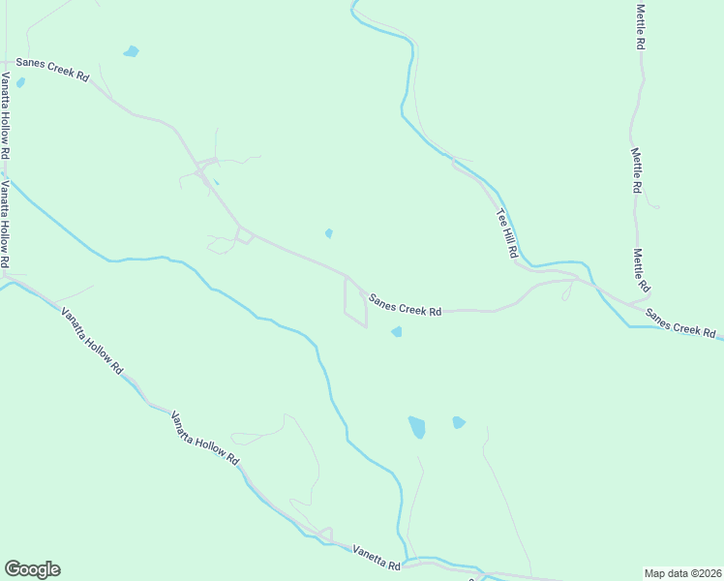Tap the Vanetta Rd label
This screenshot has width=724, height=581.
pos(377,557)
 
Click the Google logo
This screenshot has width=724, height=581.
pos(32,569)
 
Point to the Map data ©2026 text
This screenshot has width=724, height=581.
pos(682,572)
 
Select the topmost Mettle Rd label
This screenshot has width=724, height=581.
pos(640,27)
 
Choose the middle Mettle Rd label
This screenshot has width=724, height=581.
pos(637,170)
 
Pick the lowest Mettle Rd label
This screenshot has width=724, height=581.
pos(641,271)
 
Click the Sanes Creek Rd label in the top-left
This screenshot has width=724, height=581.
pos(52,75)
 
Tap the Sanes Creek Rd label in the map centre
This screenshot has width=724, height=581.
pos(404,302)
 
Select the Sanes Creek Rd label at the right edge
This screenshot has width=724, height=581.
pos(681,323)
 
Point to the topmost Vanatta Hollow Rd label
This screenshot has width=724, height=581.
pos(5,116)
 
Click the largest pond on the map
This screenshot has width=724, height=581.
pos(417,427)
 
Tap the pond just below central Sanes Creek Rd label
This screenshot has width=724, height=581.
pos(396,332)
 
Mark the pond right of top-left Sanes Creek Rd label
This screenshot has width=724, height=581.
pos(131,51)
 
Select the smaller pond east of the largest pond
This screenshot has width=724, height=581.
pos(458,422)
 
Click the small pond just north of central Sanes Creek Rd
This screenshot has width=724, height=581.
pos(329,232)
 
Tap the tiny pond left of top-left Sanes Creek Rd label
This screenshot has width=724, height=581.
pos(20,83)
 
